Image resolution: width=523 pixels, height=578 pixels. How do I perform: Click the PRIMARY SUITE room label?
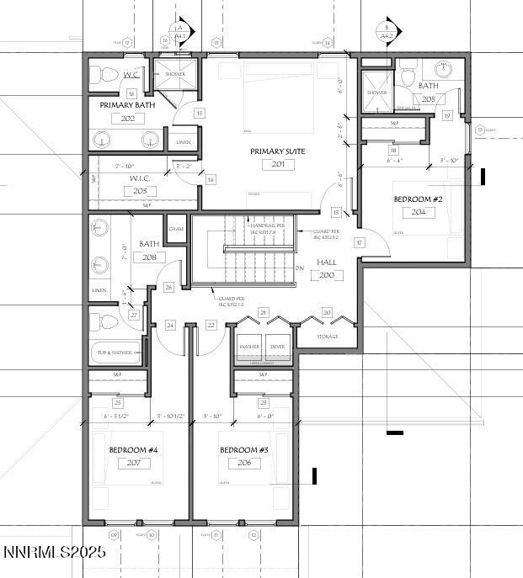click(x=277, y=151)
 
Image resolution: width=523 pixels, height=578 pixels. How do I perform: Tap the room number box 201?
click(x=277, y=165)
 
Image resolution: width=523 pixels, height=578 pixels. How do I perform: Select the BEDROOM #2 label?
click(x=418, y=199)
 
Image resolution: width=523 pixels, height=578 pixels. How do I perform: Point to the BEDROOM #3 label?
click(x=244, y=450)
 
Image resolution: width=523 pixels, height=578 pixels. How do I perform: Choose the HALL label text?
click(x=326, y=262)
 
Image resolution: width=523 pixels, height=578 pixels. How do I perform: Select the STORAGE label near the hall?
click(x=327, y=337)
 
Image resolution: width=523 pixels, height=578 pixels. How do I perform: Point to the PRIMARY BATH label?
click(x=126, y=105)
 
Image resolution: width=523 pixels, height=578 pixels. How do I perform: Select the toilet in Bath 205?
click(x=408, y=78)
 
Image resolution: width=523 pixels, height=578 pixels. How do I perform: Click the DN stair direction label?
click(x=299, y=268)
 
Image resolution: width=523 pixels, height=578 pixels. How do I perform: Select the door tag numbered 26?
click(x=169, y=288)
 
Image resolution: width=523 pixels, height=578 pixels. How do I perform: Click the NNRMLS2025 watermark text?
click(x=53, y=554)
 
